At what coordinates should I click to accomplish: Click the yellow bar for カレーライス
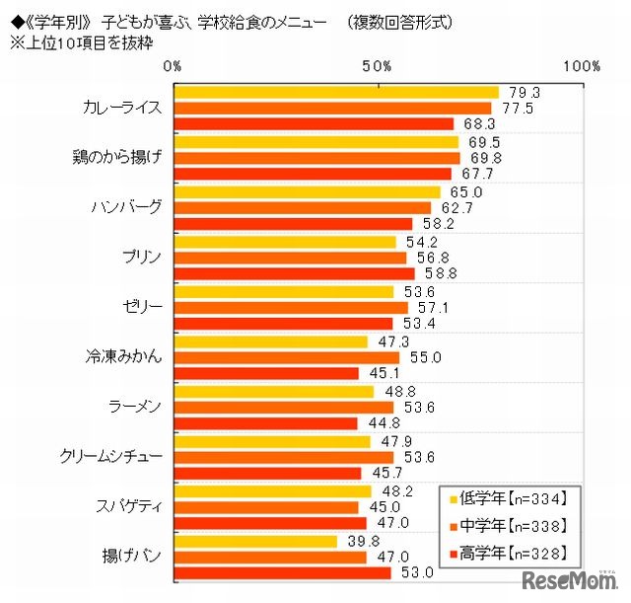pyautogui.click(x=336, y=92)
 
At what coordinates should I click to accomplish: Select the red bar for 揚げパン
pyautogui.click(x=282, y=572)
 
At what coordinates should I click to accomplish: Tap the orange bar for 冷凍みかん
pyautogui.click(x=286, y=357)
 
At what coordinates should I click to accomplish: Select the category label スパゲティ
pyautogui.click(x=125, y=506)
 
